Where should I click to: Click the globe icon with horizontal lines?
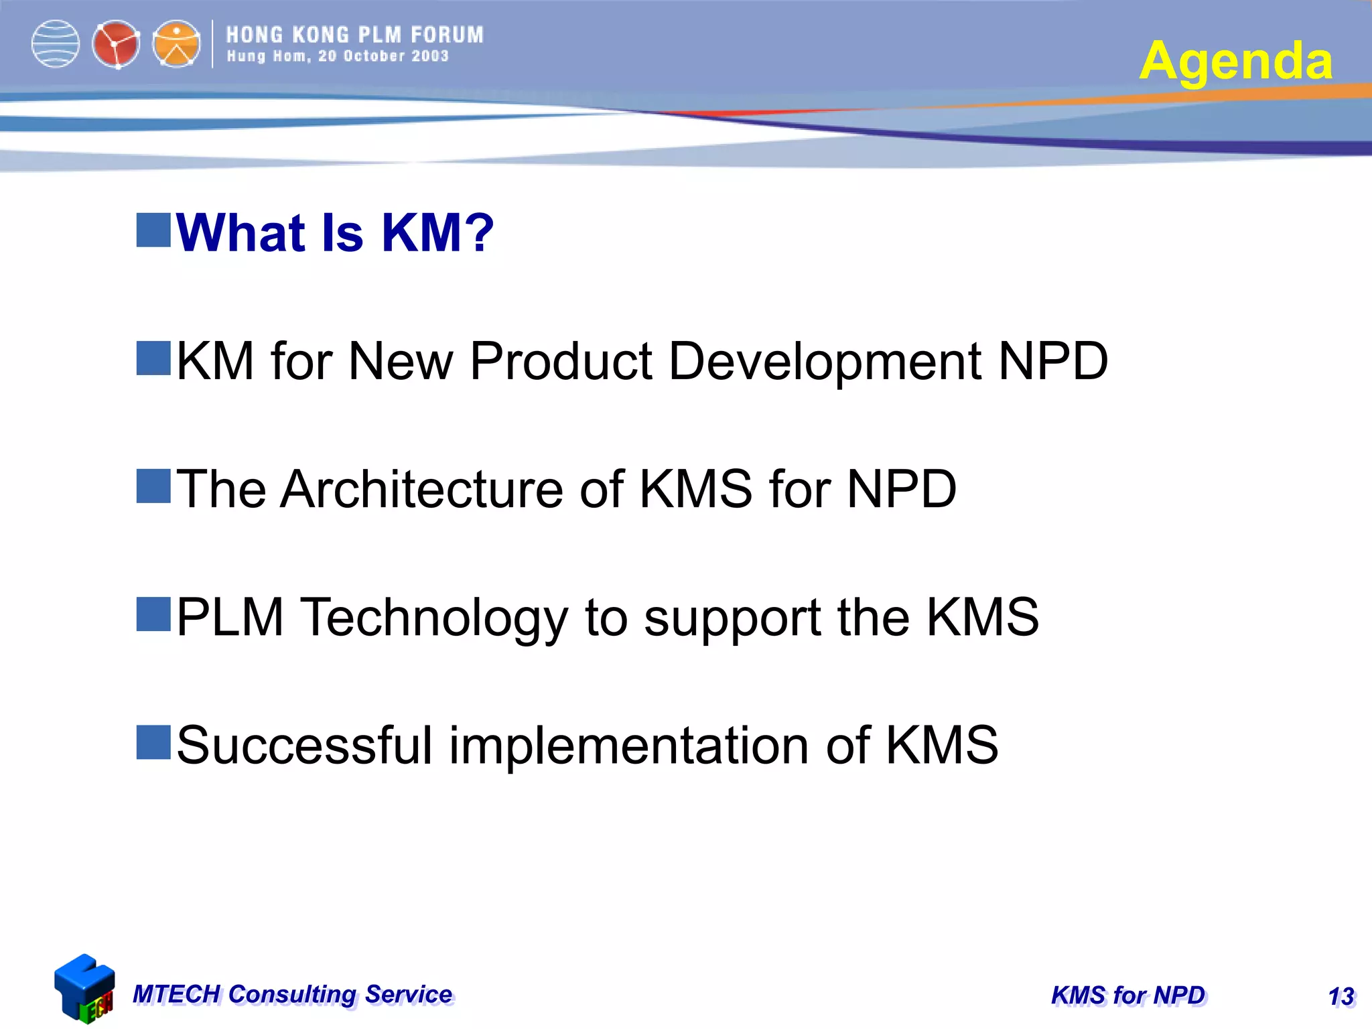pos(56,44)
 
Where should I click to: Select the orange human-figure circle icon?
pos(176,44)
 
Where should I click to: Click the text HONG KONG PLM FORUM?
pos(354,35)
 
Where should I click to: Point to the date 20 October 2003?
pos(383,56)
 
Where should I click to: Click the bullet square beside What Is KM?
pos(153,230)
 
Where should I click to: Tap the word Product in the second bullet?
pos(561,362)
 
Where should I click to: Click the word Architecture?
pos(421,490)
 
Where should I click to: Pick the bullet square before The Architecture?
pos(153,486)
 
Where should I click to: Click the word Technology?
pos(433,618)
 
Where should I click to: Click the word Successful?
pos(304,746)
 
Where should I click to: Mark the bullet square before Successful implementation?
pos(153,742)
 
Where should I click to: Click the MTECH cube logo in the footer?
pos(84,989)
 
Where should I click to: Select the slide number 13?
pos(1341,996)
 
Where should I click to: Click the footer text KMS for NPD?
pos(1127,996)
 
